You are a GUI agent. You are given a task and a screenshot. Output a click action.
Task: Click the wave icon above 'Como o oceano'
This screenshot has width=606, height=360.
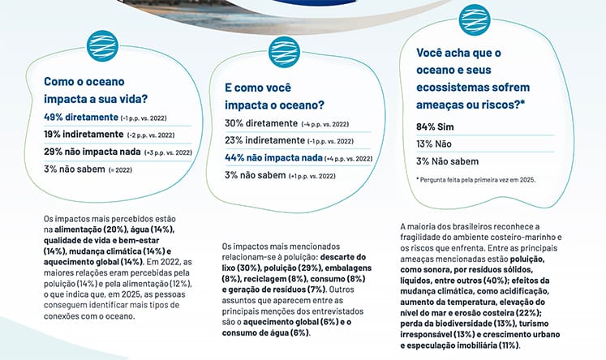[x=104, y=42]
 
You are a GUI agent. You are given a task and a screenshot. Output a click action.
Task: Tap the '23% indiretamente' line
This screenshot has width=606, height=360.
[x=264, y=140]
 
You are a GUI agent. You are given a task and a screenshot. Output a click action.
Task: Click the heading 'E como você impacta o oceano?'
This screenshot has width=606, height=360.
[x=275, y=96]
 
